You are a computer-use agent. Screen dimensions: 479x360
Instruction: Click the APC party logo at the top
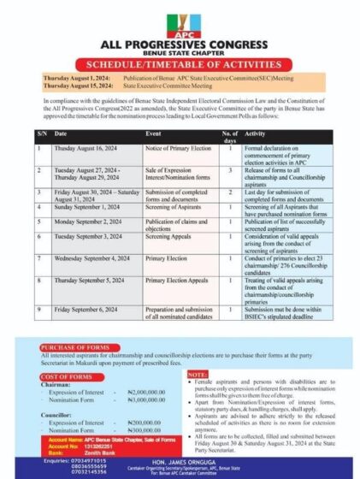[180, 19]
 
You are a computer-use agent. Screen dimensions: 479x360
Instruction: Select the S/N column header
[41, 134]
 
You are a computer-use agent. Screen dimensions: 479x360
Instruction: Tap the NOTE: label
[196, 376]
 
